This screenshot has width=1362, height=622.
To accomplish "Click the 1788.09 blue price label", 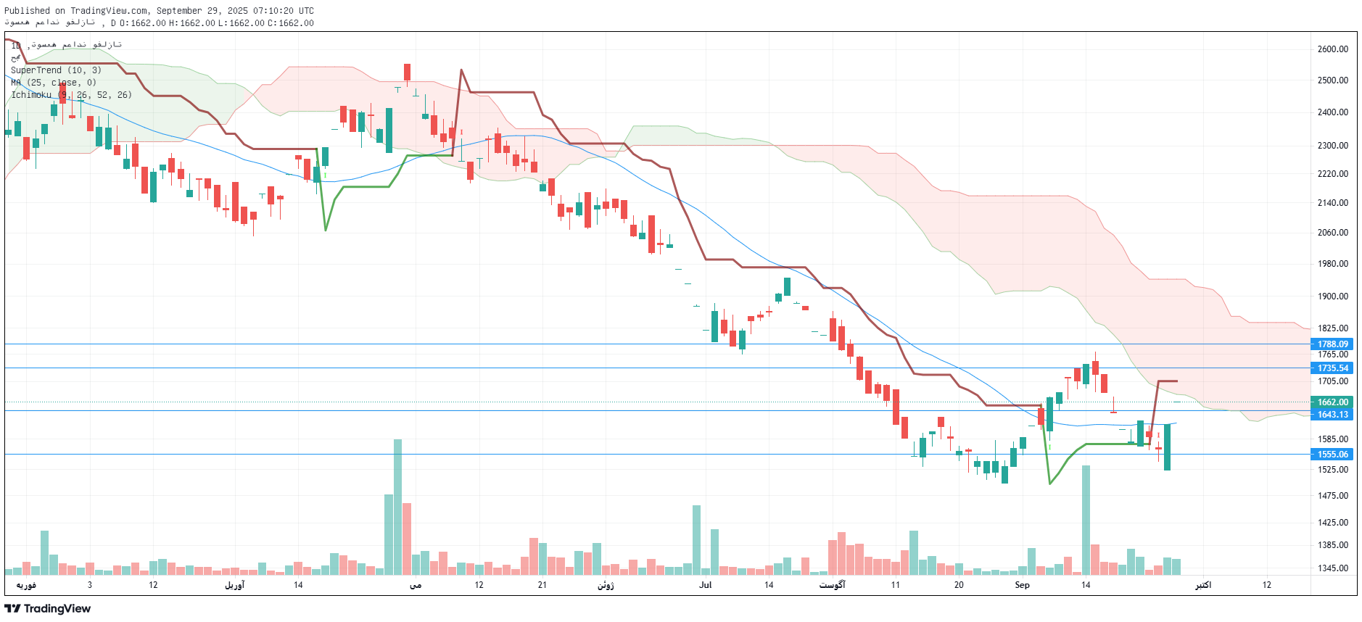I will pos(1332,344).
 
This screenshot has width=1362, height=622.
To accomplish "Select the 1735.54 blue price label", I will pos(1332,368).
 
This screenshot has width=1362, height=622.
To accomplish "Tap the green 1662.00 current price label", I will pos(1332,402).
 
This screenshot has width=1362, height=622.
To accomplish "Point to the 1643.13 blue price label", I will pos(1332,415).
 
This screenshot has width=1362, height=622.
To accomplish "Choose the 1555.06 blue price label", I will pos(1332,455).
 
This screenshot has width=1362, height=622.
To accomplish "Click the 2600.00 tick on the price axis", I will pos(1332,49).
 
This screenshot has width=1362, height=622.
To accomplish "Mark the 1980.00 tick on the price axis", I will pos(1332,264).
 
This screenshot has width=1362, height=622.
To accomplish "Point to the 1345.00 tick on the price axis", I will pos(1332,568).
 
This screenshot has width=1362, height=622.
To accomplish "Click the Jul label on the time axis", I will pos(705,585).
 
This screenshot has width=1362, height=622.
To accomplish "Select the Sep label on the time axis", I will pos(1022,585).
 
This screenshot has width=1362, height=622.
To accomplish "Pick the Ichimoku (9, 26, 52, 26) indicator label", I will pos(71,95).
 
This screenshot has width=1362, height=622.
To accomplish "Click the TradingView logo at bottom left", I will pos(48,608).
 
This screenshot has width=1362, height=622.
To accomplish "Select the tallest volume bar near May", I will pos(397,507).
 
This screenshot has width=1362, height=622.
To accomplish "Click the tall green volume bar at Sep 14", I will pos(1086,520).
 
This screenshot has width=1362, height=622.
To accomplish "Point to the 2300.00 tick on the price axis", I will pos(1332,146).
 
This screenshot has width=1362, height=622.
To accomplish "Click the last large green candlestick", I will pos(1167,447).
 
